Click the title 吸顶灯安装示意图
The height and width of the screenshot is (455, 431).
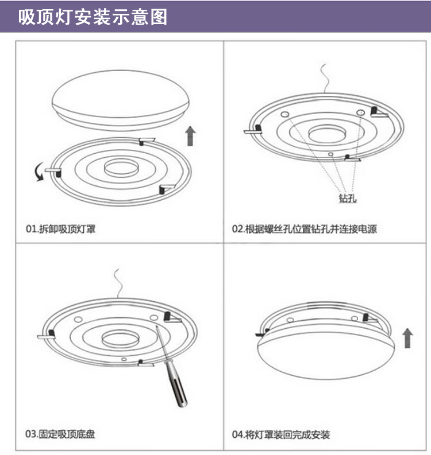(93, 17)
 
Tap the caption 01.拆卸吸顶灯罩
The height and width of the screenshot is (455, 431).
(60, 229)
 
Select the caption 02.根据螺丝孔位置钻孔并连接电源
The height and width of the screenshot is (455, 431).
(305, 229)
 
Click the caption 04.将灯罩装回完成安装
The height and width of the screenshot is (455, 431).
(281, 434)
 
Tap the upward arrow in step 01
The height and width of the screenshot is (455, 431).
(191, 137)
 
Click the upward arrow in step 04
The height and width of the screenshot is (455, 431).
(407, 339)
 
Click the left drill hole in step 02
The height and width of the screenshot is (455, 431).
(284, 115)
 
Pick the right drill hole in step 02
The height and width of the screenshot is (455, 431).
(360, 112)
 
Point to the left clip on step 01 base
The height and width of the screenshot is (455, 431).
(53, 172)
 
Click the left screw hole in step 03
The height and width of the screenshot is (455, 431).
(79, 320)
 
